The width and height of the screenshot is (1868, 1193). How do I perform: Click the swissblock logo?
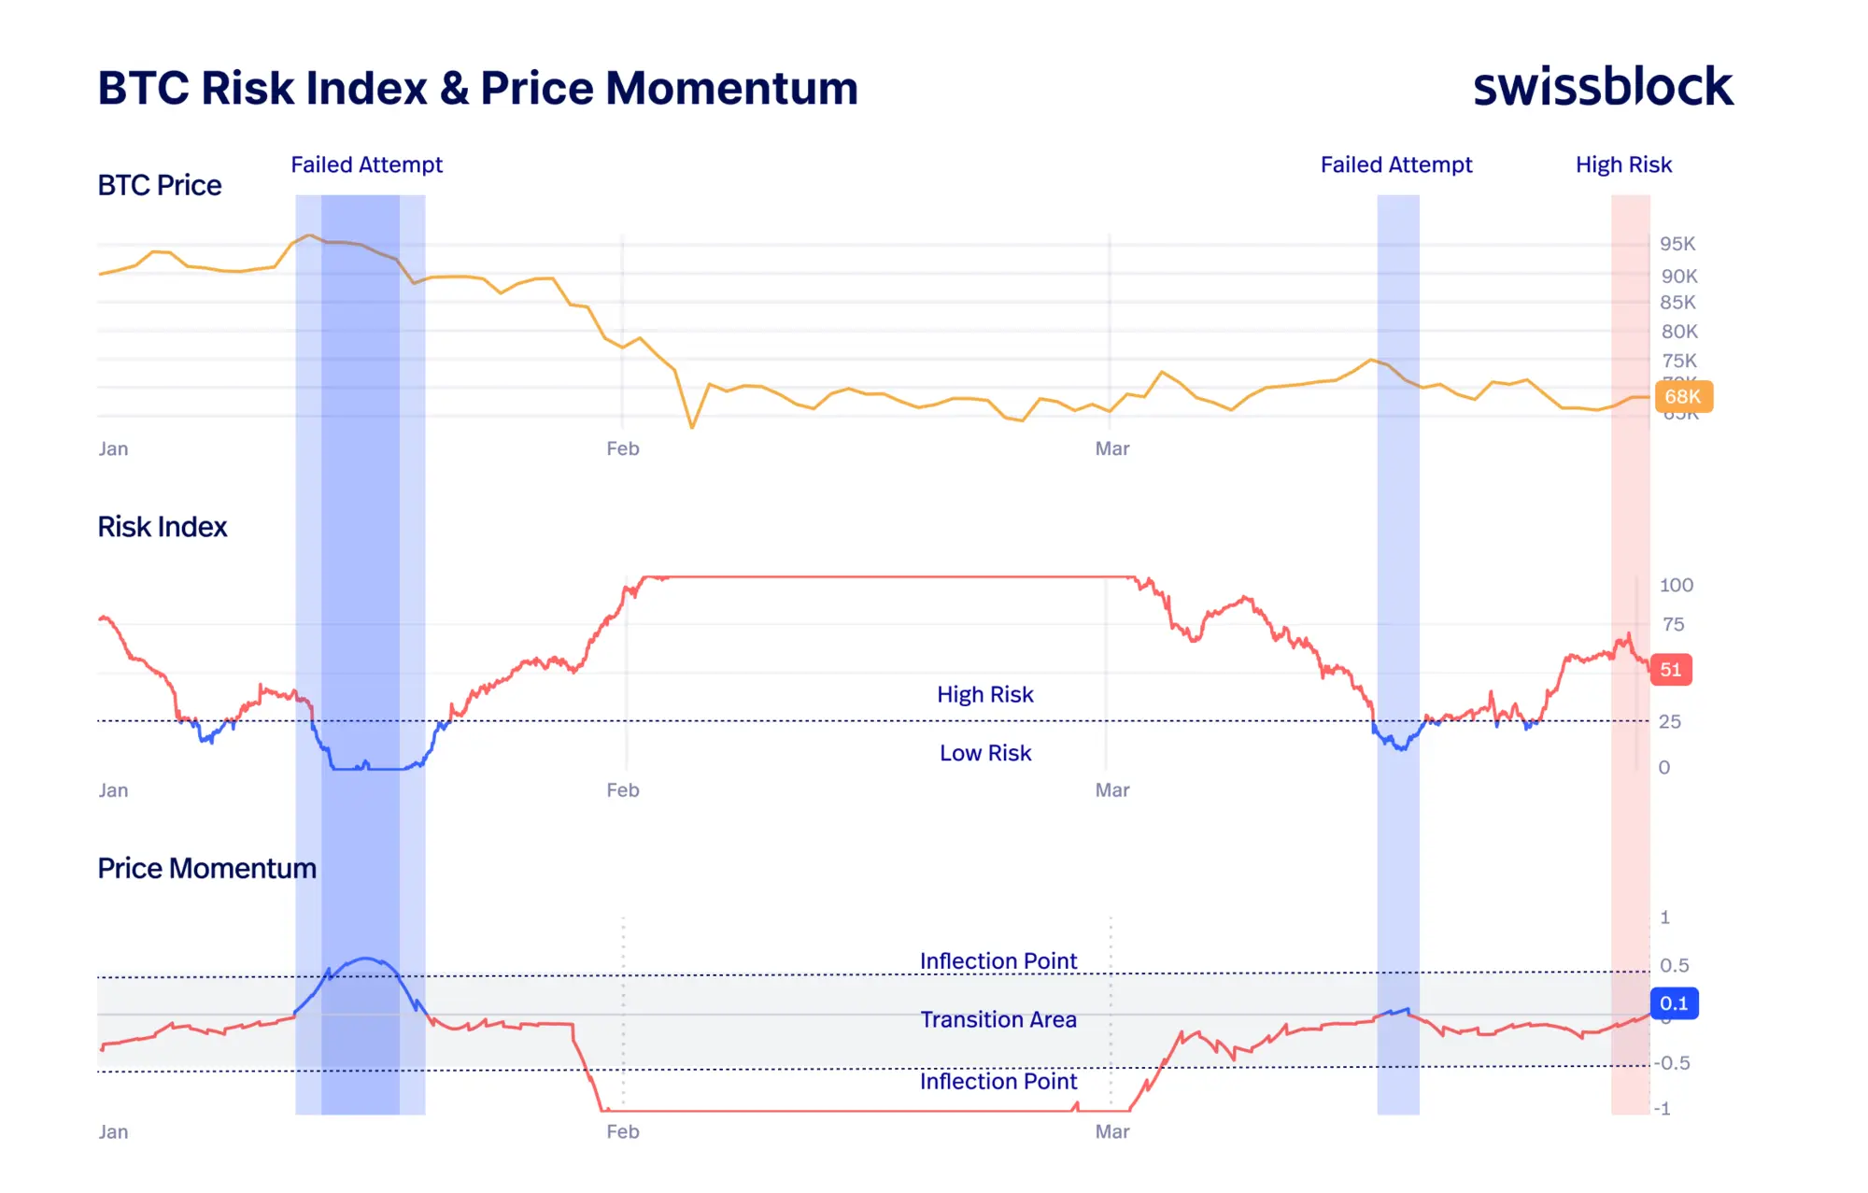pyautogui.click(x=1602, y=87)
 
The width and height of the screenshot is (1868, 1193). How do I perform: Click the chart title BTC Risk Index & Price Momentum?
pyautogui.click(x=477, y=89)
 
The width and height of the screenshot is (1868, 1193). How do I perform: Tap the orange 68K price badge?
pyautogui.click(x=1683, y=396)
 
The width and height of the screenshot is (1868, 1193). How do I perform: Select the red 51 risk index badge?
pyautogui.click(x=1670, y=670)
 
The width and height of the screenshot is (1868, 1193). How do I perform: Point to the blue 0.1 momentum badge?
pyautogui.click(x=1674, y=1003)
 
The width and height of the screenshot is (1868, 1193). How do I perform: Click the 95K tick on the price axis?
pyautogui.click(x=1677, y=244)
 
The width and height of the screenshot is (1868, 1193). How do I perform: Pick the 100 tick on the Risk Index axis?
pyautogui.click(x=1676, y=585)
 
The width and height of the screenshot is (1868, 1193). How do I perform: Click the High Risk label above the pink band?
pyautogui.click(x=1623, y=165)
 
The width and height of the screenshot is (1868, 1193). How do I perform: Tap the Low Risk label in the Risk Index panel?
pyautogui.click(x=985, y=753)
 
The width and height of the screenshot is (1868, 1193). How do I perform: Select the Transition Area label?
pyautogui.click(x=998, y=1019)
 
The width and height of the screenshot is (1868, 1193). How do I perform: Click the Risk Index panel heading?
pyautogui.click(x=163, y=527)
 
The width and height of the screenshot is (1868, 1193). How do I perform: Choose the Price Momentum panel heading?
pyautogui.click(x=207, y=869)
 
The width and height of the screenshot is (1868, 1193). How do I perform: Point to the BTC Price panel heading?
pyautogui.click(x=160, y=185)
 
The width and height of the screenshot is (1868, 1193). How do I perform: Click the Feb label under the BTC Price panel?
pyautogui.click(x=623, y=448)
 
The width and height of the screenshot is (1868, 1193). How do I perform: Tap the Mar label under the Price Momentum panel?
pyautogui.click(x=1112, y=1131)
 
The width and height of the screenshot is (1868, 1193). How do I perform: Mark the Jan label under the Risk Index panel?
pyautogui.click(x=114, y=790)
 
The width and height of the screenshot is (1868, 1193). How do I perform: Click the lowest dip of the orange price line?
pyautogui.click(x=692, y=427)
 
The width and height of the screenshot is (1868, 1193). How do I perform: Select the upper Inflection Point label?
pyautogui.click(x=998, y=960)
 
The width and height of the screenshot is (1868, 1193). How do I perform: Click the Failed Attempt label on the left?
pyautogui.click(x=366, y=165)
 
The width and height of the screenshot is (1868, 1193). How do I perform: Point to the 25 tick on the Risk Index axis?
pyautogui.click(x=1669, y=721)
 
